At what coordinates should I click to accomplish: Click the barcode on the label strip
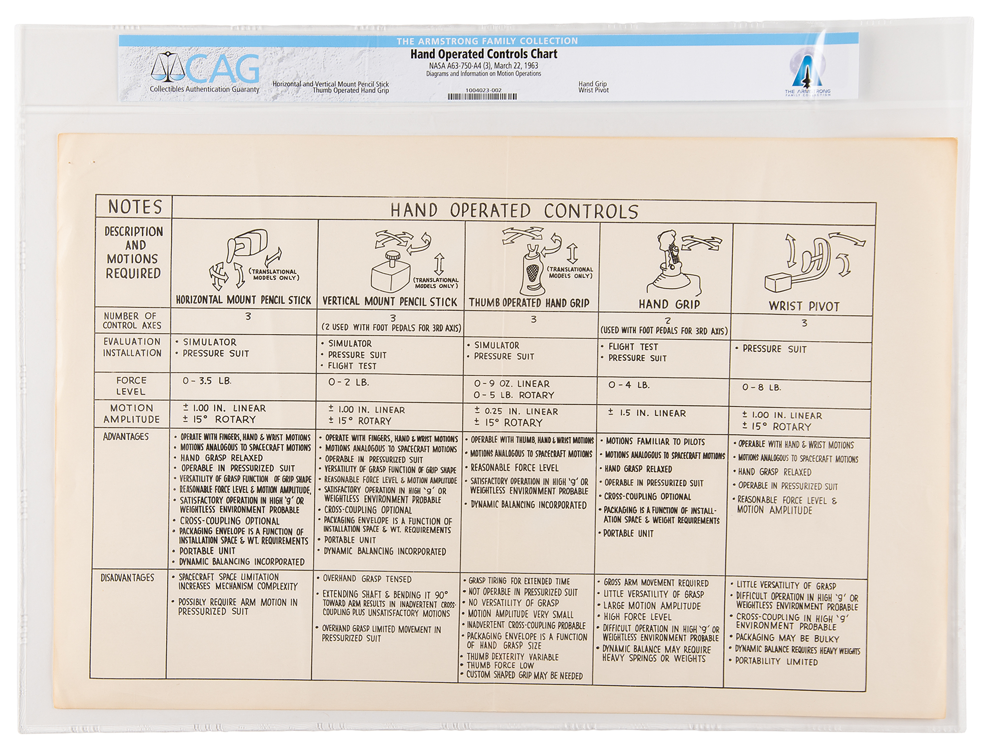point(482,97)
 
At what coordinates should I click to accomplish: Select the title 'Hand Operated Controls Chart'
point(484,54)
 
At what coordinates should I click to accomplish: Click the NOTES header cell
point(135,206)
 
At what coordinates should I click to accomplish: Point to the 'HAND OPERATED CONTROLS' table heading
point(514,211)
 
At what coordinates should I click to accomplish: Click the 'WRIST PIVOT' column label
point(804,306)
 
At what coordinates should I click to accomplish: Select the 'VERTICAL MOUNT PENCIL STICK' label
point(389,301)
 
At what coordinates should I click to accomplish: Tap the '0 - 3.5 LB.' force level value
point(207,381)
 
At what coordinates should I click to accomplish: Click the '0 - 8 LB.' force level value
point(762,387)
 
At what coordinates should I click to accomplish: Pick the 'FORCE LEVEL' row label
point(131,386)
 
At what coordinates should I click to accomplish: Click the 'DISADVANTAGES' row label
point(127,577)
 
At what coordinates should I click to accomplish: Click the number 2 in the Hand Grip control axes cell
point(668,321)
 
